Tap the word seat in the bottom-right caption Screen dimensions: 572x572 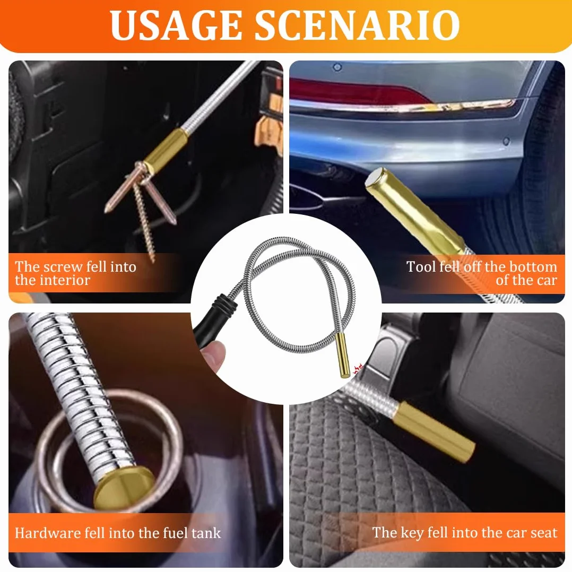click(544, 533)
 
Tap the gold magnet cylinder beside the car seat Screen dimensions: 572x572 click(434, 432)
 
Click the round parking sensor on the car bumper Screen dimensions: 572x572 click(506, 141)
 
